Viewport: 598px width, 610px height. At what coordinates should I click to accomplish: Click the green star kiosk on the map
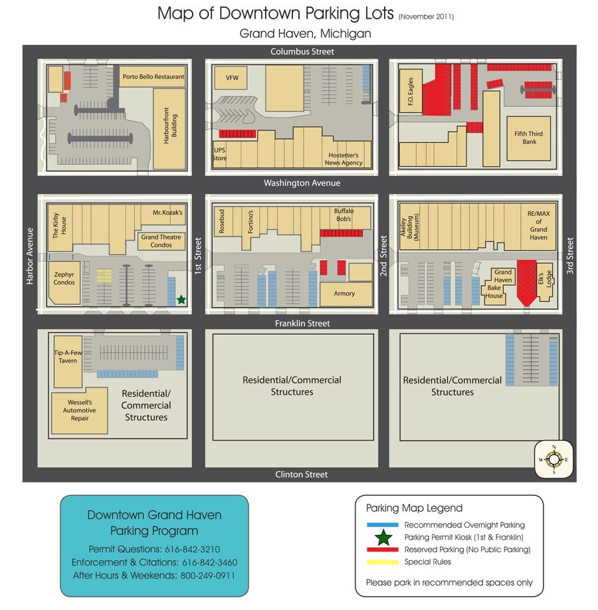(x=181, y=300)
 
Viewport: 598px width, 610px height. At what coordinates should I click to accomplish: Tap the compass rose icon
(x=553, y=459)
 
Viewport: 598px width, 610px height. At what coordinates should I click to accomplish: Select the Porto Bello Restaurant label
(x=153, y=77)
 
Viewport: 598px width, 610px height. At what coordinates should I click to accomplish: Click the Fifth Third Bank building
(x=529, y=138)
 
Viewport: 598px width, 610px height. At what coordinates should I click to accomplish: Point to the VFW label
(x=232, y=78)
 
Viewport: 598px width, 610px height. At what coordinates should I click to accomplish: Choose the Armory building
(x=344, y=293)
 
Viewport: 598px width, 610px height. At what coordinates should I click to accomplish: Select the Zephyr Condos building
(x=64, y=278)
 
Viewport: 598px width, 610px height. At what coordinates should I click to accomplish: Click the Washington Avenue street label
(x=302, y=183)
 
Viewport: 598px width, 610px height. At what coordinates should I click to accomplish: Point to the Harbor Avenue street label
(x=29, y=256)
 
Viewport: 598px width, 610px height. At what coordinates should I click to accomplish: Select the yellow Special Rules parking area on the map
(x=104, y=276)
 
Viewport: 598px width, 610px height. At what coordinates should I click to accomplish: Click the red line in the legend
(x=382, y=550)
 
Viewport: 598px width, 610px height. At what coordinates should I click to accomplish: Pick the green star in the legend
(x=382, y=537)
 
